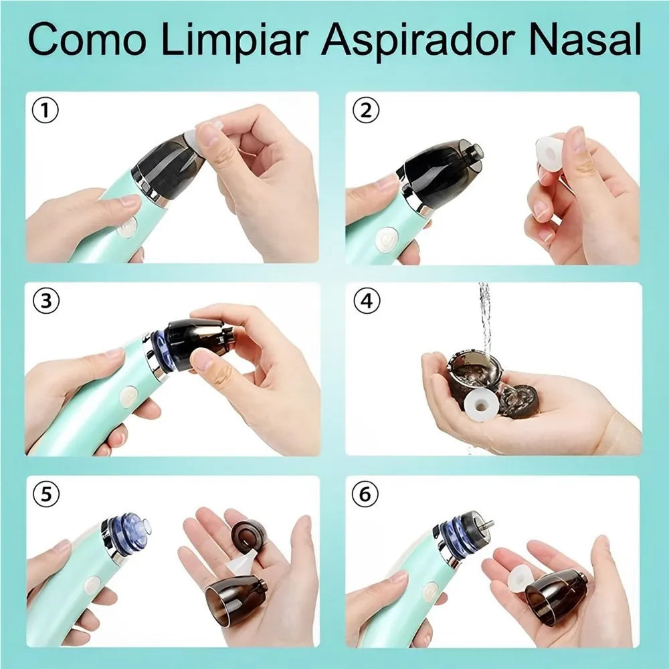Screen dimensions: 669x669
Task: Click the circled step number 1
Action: pyautogui.click(x=45, y=111)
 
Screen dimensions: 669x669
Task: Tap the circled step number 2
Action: pyautogui.click(x=365, y=111)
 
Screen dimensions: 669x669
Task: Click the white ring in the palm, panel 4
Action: pyautogui.click(x=479, y=403)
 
